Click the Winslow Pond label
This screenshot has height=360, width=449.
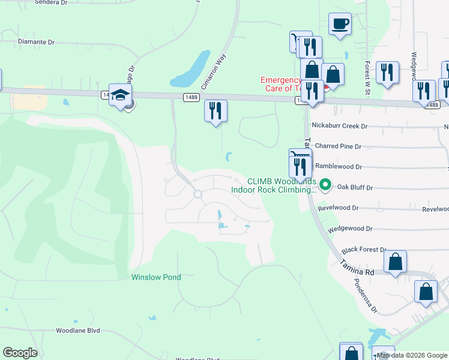pyautogui.click(x=156, y=277)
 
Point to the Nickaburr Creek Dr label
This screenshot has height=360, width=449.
pyautogui.click(x=339, y=127)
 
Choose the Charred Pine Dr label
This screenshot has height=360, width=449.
pyautogui.click(x=339, y=146)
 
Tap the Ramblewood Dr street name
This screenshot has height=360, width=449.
pyautogui.click(x=339, y=167)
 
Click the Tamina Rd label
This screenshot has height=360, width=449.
pyautogui.click(x=357, y=268)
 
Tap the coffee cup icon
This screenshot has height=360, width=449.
pyautogui.click(x=340, y=23)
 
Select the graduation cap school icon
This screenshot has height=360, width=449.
pyautogui.click(x=121, y=94)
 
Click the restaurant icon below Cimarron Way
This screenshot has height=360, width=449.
pyautogui.click(x=215, y=110)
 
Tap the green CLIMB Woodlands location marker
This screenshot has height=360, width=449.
pyautogui.click(x=325, y=184)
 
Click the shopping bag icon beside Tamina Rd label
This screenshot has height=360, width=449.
pyautogui.click(x=395, y=262)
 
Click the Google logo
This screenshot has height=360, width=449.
pyautogui.click(x=20, y=353)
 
